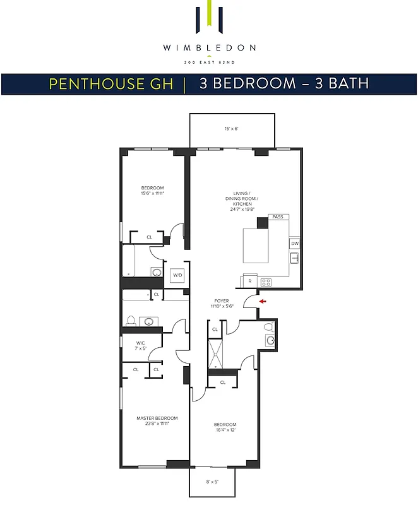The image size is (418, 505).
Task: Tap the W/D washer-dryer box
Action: (x=177, y=275)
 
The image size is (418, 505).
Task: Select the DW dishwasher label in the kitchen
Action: (x=294, y=243)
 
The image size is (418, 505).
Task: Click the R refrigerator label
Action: (x=250, y=280)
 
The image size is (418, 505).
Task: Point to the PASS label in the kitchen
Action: (x=278, y=217)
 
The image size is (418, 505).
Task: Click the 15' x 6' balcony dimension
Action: (x=232, y=129)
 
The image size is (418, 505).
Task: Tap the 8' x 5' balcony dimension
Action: (x=212, y=482)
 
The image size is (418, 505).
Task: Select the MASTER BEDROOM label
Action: (x=157, y=418)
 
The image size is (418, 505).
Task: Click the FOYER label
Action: (x=221, y=300)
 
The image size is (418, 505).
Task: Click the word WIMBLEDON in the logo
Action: (x=208, y=47)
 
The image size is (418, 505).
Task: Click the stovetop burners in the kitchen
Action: (x=266, y=281)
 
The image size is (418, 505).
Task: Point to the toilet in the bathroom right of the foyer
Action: (x=268, y=327)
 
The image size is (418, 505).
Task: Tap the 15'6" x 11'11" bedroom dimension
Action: (x=152, y=194)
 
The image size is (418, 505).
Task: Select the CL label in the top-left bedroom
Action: (x=150, y=237)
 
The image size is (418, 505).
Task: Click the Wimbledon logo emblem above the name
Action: (x=208, y=19)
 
